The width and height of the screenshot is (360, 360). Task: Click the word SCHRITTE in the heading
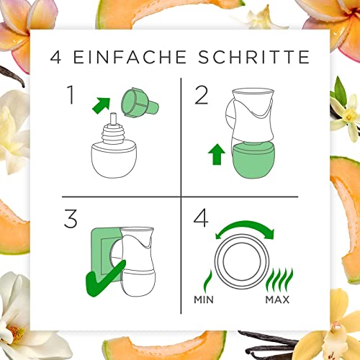[x=254, y=56]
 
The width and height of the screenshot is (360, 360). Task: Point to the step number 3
[x=71, y=217]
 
